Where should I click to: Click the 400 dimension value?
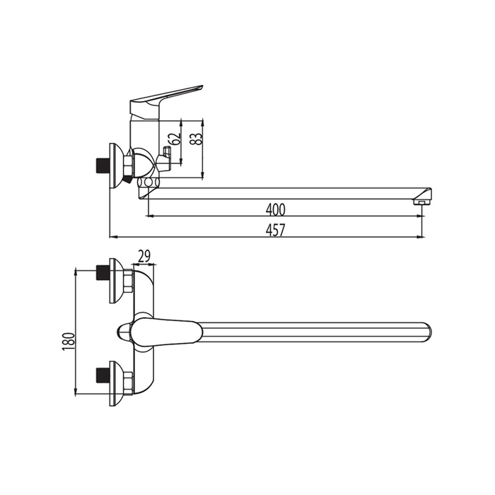click(275, 209)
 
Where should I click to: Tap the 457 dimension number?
click(275, 230)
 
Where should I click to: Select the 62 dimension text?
click(175, 139)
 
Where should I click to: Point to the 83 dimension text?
click(197, 139)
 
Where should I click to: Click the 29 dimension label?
click(144, 256)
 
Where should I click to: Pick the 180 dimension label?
click(69, 342)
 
